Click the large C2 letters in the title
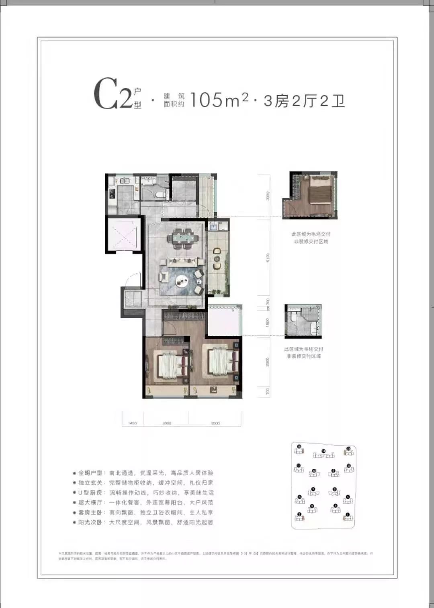point(113,95)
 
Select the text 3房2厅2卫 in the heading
point(304,101)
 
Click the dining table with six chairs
point(185,238)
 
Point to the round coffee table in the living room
point(182,281)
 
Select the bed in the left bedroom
point(167,365)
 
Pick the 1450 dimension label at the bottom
point(132,423)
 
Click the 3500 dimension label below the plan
point(215,423)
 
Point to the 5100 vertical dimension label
point(268,258)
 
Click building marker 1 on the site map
point(348,516)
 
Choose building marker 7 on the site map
point(313,491)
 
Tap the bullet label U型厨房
point(91,492)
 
